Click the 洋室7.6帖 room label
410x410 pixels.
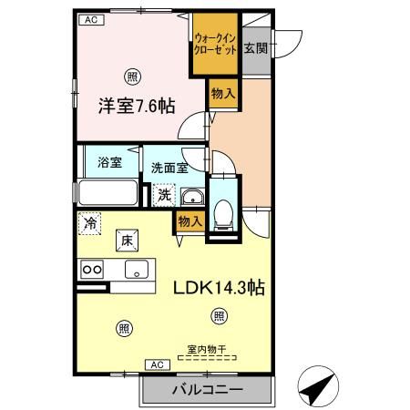point(136,106)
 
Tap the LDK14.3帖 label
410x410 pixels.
point(220,288)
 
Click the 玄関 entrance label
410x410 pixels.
point(255,48)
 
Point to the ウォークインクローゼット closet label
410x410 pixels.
point(215,46)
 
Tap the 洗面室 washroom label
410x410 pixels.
point(169,168)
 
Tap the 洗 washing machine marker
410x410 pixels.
point(163,194)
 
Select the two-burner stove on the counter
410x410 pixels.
point(92,269)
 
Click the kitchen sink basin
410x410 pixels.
point(138,269)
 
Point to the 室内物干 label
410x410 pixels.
point(208,349)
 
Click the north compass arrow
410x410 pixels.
point(315,390)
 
